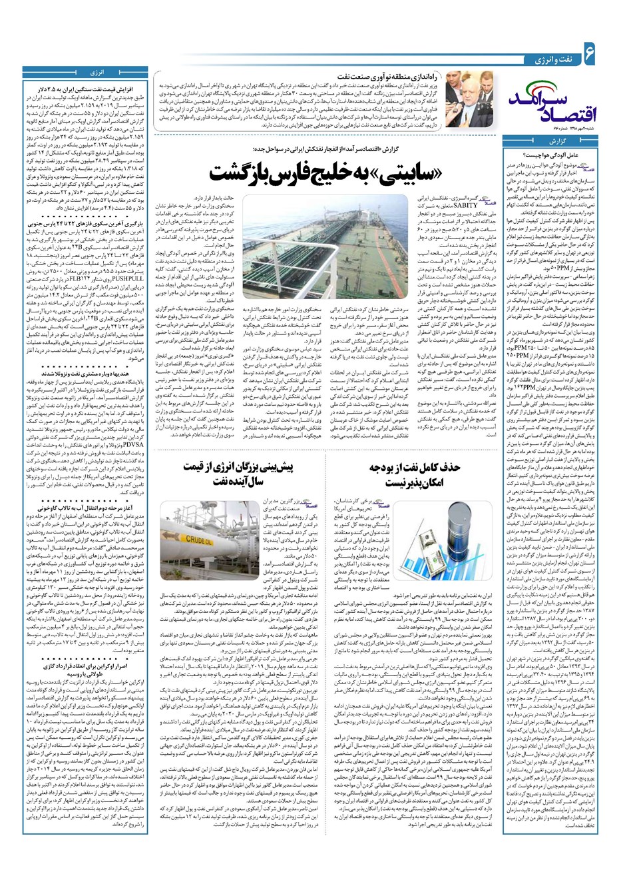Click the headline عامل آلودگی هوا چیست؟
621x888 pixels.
572,153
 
